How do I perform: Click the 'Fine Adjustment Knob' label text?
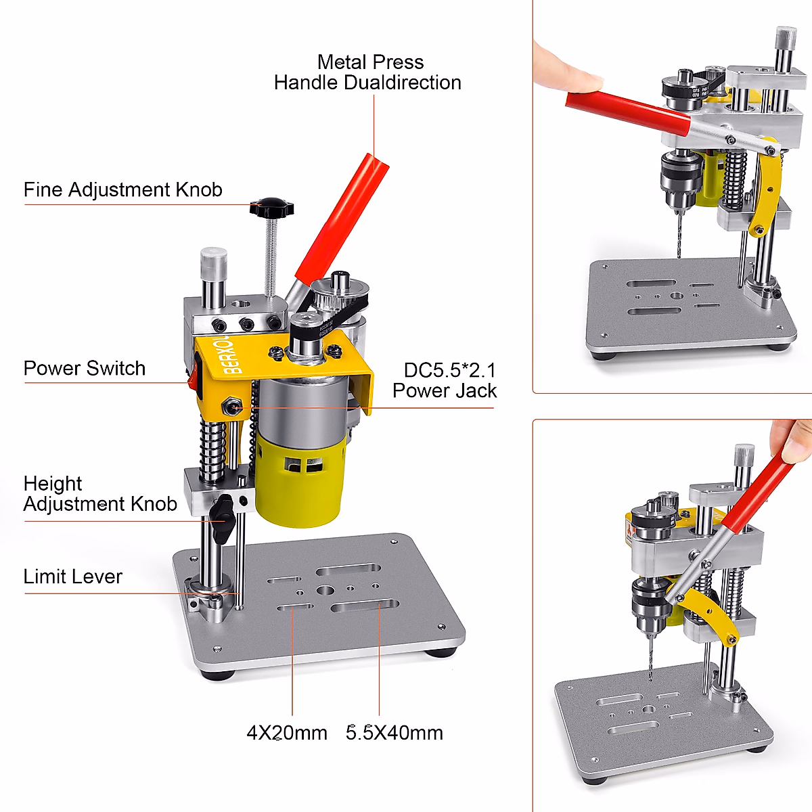[122, 189]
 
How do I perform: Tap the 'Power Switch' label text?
[85, 368]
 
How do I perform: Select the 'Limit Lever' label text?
[72, 577]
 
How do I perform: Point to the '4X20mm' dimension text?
[287, 732]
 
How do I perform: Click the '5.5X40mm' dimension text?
[394, 732]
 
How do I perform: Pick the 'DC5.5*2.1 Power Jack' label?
[445, 380]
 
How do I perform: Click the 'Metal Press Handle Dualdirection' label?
[369, 72]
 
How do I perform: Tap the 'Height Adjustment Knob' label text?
[99, 493]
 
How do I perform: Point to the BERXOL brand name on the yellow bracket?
[231, 354]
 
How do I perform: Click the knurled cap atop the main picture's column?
[213, 261]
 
